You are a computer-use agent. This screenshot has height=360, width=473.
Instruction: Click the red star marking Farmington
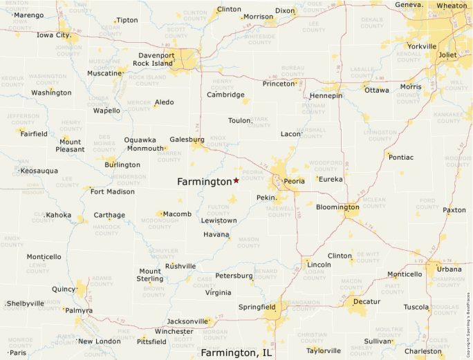(236, 180)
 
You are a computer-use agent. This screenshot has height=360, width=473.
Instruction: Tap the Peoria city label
(294, 182)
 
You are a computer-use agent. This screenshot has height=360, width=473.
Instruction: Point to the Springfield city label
(257, 306)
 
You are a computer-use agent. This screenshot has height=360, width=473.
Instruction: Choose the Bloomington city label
(337, 207)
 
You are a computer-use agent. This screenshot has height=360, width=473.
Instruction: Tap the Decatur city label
(367, 301)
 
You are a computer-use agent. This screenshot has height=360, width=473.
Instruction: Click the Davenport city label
(156, 55)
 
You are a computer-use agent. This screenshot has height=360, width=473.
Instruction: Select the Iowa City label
(53, 35)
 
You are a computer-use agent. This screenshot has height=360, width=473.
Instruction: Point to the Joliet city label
(447, 55)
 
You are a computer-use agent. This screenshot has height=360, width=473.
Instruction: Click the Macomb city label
(177, 214)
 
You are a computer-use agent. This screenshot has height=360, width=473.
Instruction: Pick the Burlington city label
(122, 165)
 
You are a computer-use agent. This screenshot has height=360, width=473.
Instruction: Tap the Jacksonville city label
(187, 321)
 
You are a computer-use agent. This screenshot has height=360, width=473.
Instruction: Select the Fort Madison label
(113, 191)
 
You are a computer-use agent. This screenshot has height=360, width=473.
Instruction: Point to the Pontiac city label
(401, 158)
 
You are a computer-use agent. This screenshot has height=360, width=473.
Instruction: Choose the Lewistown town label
(219, 220)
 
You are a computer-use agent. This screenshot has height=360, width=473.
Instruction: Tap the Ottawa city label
(377, 91)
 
